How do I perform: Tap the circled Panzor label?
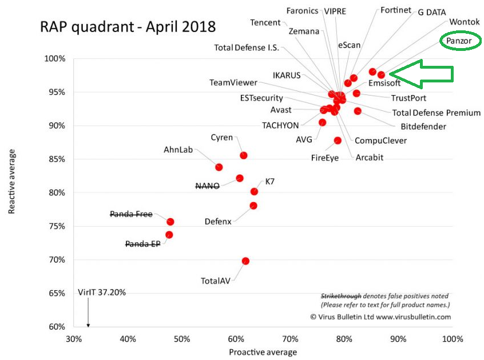coord(460,41)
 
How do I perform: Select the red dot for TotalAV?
coord(245,261)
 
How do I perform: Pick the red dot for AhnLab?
coord(219,167)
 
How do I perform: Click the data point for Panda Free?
coord(170,221)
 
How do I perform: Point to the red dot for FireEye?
coord(338,140)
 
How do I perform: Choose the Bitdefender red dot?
coord(358,111)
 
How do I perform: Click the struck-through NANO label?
coord(208,186)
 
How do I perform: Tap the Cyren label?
coord(221,137)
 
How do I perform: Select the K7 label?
coord(270,181)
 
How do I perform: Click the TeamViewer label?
coord(233,82)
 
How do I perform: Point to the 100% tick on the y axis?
coord(55,59)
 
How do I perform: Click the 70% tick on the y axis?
coord(58,260)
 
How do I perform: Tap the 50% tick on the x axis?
coord(182,339)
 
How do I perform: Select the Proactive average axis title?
coord(263,352)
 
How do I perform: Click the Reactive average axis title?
coord(12,182)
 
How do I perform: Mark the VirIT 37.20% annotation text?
coord(102,292)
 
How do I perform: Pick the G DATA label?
coord(432,12)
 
